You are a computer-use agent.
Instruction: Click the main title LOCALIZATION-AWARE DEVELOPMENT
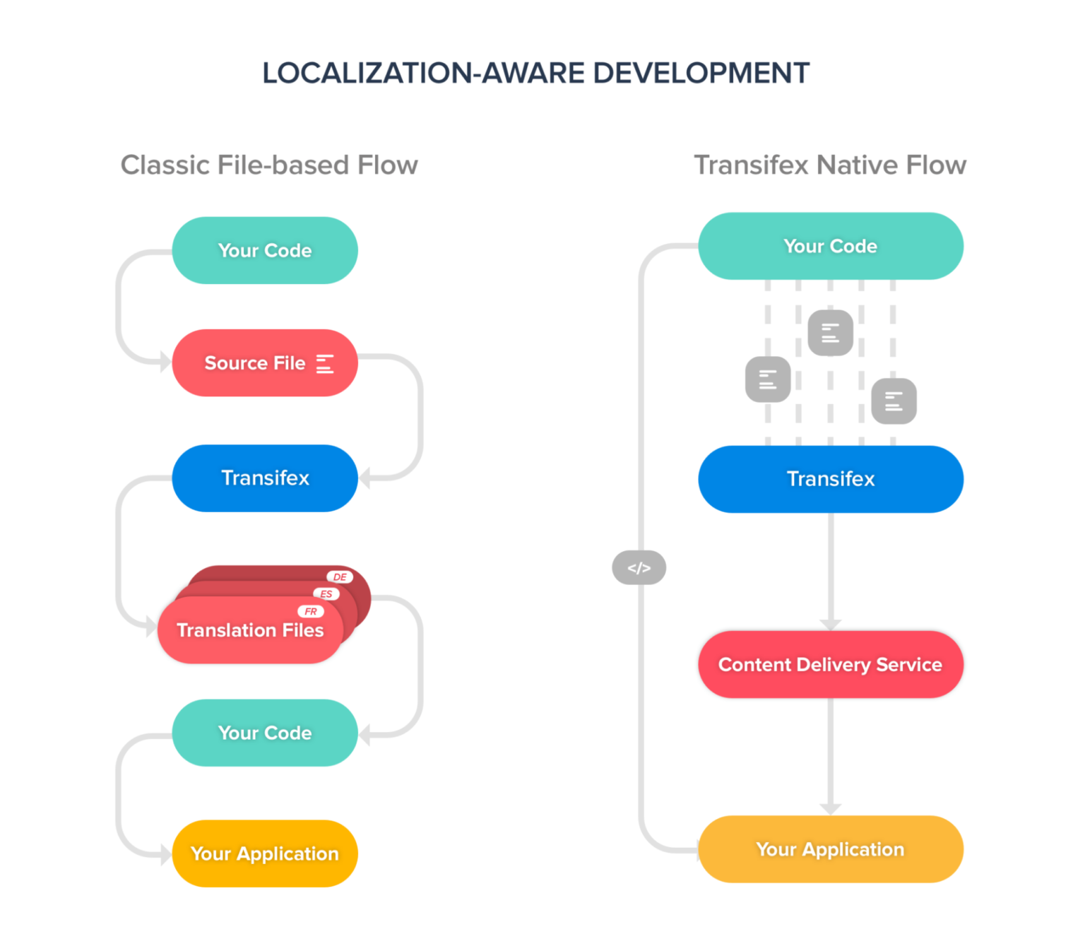click(535, 73)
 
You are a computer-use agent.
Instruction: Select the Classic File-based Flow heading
click(269, 165)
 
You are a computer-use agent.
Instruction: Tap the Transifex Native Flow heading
click(830, 165)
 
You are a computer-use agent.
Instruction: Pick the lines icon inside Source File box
click(325, 364)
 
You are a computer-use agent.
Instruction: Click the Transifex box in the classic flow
click(265, 478)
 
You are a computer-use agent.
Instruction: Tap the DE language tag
click(340, 577)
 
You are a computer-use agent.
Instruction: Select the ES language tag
click(326, 594)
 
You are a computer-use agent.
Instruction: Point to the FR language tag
click(311, 612)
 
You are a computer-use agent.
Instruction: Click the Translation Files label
click(250, 630)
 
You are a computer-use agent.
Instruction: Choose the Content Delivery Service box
click(830, 665)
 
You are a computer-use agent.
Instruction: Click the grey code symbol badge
click(639, 568)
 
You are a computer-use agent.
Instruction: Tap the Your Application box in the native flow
click(830, 849)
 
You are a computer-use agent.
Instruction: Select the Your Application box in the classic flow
click(265, 854)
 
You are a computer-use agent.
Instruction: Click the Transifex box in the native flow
click(830, 479)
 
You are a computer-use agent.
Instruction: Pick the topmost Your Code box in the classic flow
click(265, 251)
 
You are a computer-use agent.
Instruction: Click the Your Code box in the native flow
click(830, 246)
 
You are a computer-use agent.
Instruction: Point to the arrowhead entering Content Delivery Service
click(831, 625)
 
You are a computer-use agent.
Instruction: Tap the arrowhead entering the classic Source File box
click(165, 363)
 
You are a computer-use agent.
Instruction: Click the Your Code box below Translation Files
click(265, 733)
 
